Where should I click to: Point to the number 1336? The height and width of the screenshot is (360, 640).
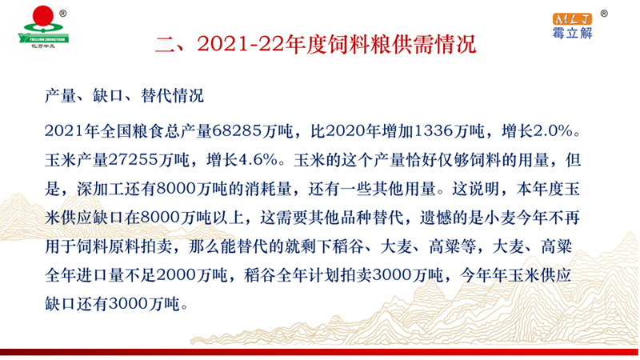tap(434, 131)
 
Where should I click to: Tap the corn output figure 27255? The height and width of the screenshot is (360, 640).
tap(134, 160)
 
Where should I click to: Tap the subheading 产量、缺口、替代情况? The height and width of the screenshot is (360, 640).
tap(124, 96)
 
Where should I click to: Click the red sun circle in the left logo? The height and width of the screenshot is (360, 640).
tap(43, 16)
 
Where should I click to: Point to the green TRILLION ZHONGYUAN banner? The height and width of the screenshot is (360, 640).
tap(43, 39)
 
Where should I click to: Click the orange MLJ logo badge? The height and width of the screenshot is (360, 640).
tap(572, 18)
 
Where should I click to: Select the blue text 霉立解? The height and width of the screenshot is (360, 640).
tap(572, 33)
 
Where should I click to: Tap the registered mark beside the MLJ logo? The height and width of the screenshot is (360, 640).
tap(604, 14)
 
